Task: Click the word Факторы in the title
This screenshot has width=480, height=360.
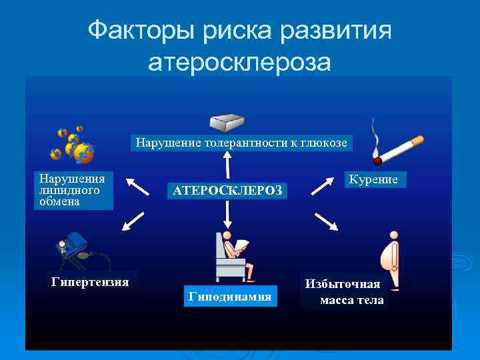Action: point(137,31)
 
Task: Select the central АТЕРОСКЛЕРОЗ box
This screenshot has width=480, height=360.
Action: point(228,191)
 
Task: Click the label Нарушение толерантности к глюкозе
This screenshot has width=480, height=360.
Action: point(241,142)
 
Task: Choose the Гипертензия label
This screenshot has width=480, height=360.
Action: point(90,282)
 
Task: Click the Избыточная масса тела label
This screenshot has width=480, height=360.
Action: point(343,291)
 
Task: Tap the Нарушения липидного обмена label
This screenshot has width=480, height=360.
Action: point(73,191)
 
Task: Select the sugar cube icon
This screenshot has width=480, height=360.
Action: point(229,122)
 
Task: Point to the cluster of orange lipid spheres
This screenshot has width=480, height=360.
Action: point(73,145)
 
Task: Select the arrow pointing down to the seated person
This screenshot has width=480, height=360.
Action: point(228,215)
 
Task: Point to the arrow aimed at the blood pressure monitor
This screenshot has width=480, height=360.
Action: point(134,221)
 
